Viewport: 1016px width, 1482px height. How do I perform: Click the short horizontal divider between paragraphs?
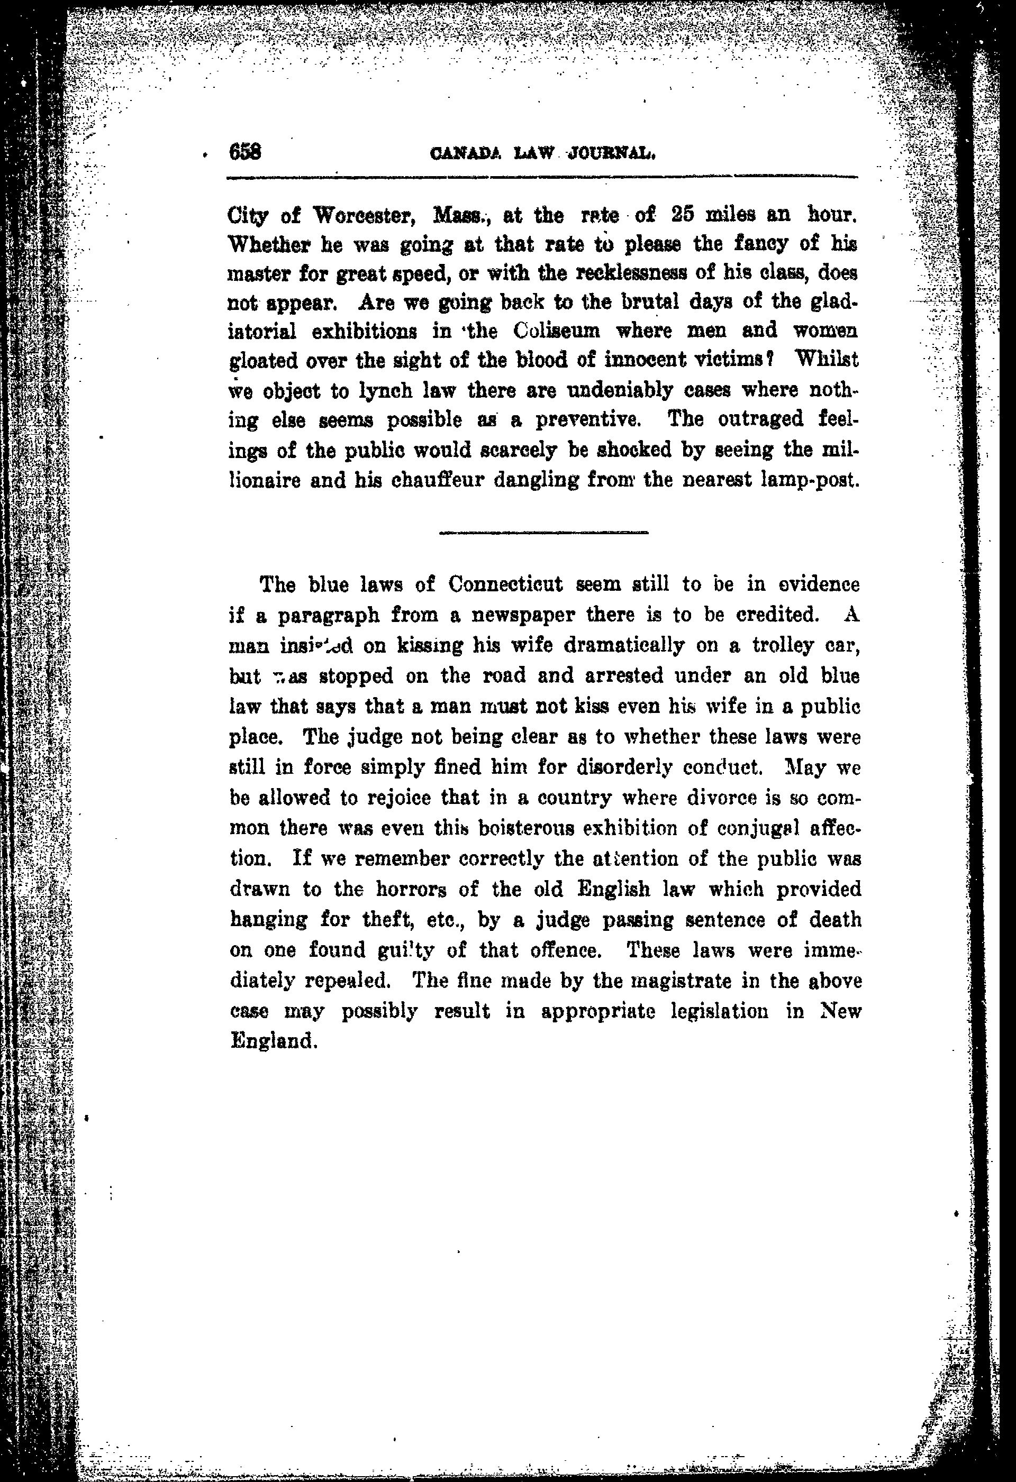click(x=544, y=533)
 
